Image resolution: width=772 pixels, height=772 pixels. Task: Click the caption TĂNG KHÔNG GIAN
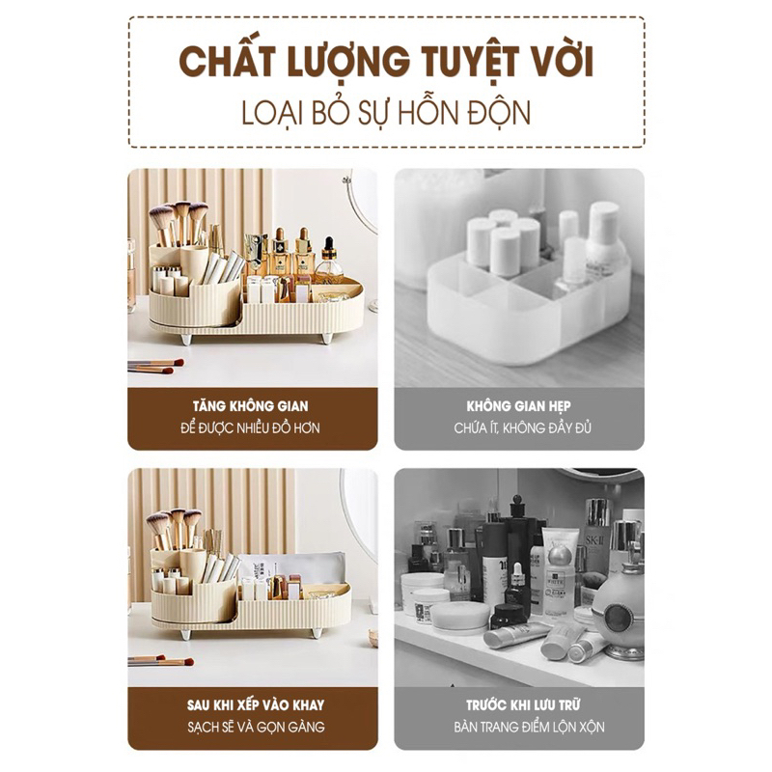point(251,406)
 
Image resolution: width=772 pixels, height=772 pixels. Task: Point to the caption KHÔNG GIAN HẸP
point(518,406)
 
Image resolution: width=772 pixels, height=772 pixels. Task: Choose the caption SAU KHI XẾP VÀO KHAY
point(256,705)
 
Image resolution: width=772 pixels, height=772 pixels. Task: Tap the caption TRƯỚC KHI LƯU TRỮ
point(522,705)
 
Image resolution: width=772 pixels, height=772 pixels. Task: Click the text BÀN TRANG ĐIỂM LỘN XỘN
point(529,728)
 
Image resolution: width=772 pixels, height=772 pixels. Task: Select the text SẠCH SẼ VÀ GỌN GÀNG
point(256,728)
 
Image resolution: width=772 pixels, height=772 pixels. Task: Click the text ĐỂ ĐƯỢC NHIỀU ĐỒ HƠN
point(250,427)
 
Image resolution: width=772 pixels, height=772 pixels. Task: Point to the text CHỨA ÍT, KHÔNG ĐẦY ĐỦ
point(522,427)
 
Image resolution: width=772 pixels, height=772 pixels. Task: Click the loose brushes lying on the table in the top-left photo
point(155,366)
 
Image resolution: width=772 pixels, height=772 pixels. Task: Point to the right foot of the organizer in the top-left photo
point(326,339)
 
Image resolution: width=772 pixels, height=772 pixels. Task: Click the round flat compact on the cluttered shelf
point(460,618)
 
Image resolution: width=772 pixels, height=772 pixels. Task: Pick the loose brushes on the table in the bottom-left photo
point(160,661)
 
